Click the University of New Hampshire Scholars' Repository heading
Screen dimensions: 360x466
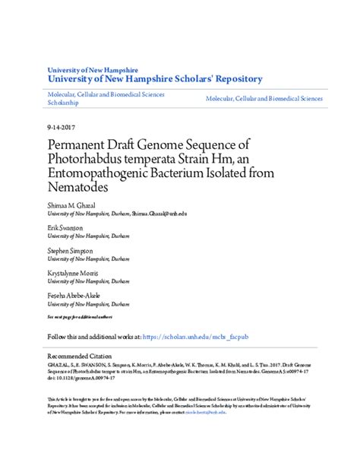155,78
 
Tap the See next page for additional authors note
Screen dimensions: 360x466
80,315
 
